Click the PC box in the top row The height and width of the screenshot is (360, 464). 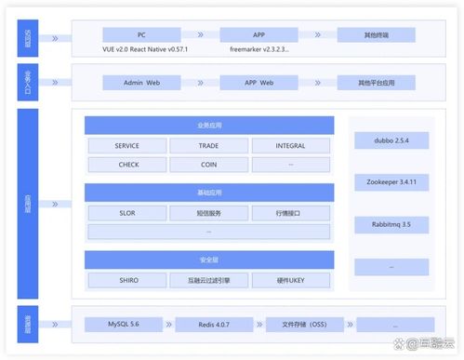tap(140, 33)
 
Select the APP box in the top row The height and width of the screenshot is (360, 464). tap(258, 33)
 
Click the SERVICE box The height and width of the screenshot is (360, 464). tap(127, 147)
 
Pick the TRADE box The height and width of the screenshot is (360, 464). tap(209, 147)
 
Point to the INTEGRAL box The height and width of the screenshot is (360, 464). tap(290, 147)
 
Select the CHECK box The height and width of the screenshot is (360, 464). tap(127, 165)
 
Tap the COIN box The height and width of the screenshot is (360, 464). tap(209, 165)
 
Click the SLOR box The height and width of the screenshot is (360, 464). tap(127, 213)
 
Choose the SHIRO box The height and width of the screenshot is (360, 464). tap(127, 280)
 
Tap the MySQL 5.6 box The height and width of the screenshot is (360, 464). tap(124, 325)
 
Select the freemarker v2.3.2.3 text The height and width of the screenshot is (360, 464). tap(259, 47)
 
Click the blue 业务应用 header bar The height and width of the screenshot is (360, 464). tap(209, 125)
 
